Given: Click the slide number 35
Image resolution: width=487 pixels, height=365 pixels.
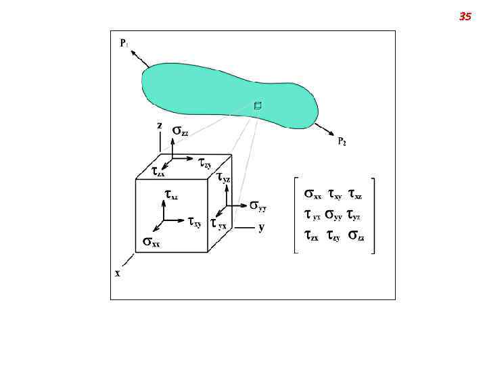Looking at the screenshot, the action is (x=465, y=16).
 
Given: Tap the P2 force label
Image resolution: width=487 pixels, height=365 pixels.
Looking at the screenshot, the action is (x=342, y=141).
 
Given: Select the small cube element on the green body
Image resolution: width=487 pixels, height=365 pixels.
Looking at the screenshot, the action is (x=258, y=105).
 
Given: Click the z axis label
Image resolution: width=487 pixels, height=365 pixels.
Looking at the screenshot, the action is (x=160, y=126).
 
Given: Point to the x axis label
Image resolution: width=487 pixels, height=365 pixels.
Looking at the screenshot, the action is (x=118, y=273).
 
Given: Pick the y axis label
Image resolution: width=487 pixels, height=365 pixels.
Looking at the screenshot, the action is (x=261, y=228).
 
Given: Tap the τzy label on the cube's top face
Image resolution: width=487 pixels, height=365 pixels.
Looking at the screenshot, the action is (x=204, y=162).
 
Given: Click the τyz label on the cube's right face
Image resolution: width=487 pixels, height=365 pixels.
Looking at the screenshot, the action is (x=223, y=178).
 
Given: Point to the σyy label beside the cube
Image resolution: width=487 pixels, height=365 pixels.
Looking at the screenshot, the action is (x=258, y=204).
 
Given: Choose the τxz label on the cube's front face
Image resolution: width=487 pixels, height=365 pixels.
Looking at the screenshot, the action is (x=171, y=195).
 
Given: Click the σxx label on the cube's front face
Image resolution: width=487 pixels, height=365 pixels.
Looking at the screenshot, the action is (x=151, y=241).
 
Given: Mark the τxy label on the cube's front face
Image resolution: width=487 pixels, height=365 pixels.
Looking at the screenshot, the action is (x=195, y=222).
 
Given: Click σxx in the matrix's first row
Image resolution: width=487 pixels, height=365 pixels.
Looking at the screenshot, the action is (x=312, y=194).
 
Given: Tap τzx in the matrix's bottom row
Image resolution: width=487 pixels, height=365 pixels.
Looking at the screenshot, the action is (x=312, y=236).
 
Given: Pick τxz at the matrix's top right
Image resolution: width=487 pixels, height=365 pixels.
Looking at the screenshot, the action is (x=355, y=194).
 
